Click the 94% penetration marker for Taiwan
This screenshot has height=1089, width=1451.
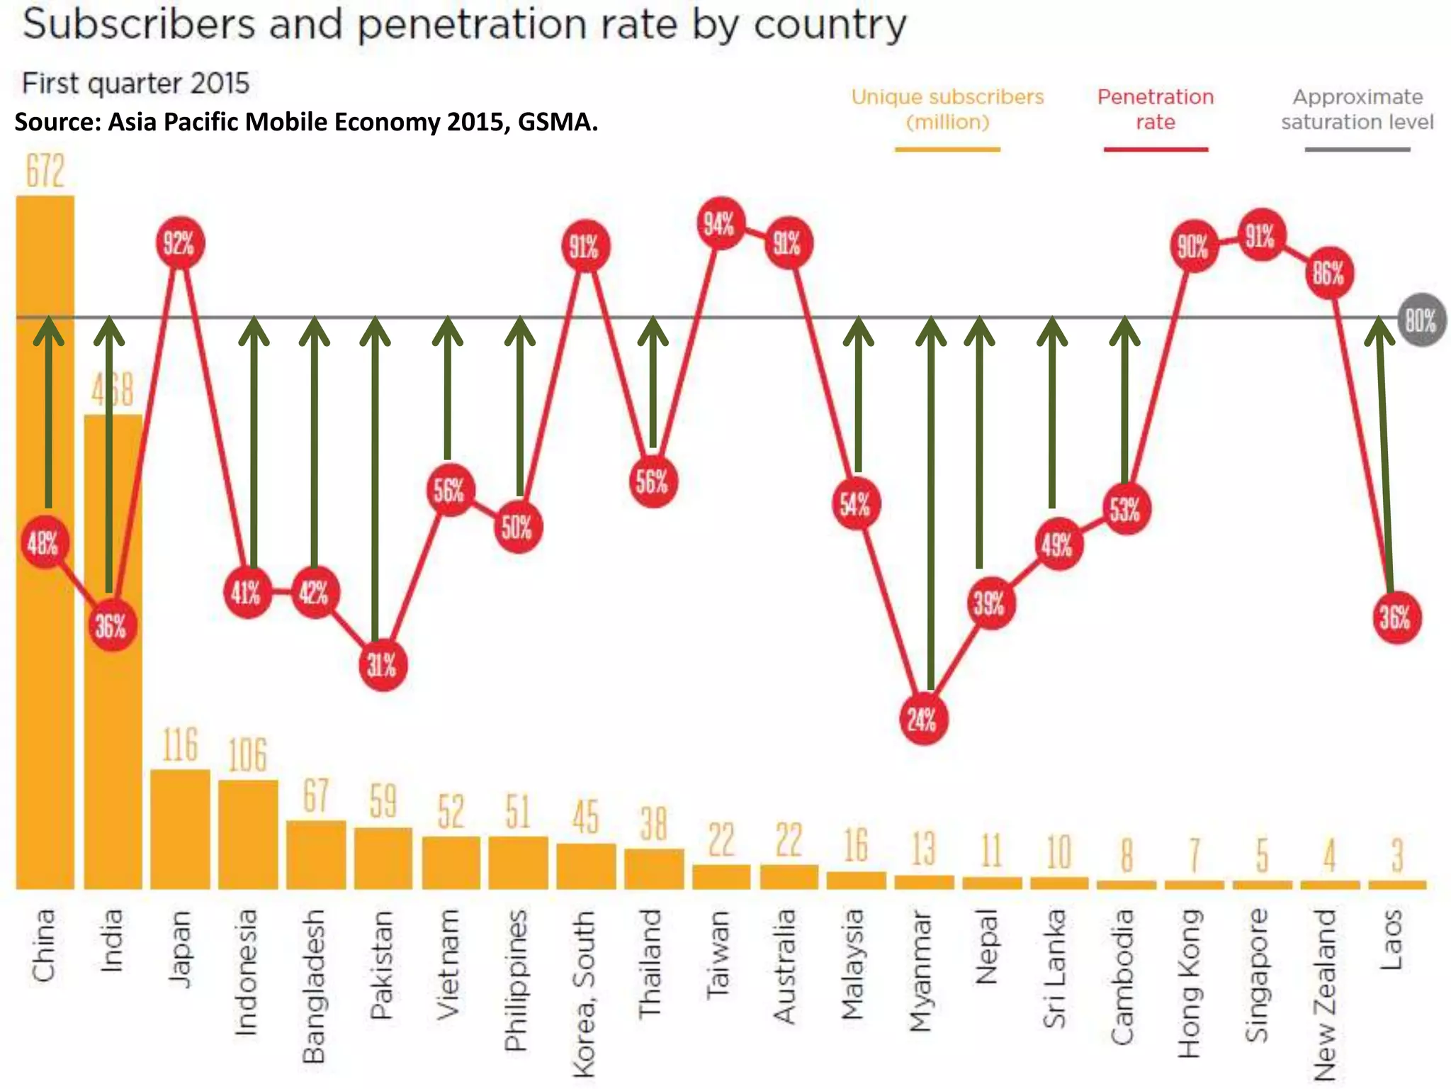(720, 223)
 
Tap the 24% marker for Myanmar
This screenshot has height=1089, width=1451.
(922, 720)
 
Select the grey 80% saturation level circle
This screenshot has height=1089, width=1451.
(1421, 320)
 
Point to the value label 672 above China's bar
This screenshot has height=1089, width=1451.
(45, 171)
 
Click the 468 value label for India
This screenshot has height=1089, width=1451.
(112, 389)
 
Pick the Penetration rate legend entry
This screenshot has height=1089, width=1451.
(1156, 109)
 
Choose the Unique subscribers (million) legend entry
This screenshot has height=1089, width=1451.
(947, 109)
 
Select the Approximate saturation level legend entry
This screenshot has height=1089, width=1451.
(1357, 109)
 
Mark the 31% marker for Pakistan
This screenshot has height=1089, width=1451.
(383, 665)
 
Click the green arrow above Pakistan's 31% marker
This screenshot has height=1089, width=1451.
(375, 482)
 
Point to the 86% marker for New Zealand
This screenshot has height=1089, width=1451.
(1328, 273)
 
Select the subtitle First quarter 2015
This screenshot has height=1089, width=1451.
(136, 84)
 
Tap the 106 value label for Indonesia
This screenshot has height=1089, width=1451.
(247, 754)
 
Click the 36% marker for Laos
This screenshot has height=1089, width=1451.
(1395, 618)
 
